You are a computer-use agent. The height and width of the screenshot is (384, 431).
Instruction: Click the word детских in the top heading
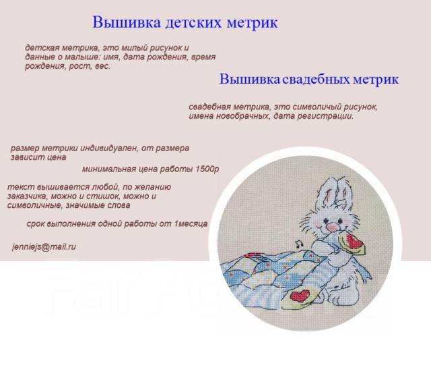tap(193, 22)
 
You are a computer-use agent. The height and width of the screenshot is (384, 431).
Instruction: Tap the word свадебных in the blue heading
tap(316, 80)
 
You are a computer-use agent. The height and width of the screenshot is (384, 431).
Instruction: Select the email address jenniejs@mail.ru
tap(44, 247)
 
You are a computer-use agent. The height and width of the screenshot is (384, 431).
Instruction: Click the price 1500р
tap(207, 169)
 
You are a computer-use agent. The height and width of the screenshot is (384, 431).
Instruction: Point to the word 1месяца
tap(191, 223)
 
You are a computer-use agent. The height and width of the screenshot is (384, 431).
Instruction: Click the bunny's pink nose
tap(331, 227)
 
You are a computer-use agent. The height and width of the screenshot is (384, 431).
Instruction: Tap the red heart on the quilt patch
tap(300, 296)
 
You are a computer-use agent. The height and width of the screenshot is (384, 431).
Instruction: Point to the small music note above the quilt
tap(299, 244)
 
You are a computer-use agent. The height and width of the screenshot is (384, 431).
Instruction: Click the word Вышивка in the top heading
tap(127, 22)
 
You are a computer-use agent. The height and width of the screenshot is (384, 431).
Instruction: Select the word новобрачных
tap(242, 116)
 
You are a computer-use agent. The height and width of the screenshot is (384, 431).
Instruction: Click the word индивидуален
tap(109, 148)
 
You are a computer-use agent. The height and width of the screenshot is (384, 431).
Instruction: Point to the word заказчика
tap(28, 196)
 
